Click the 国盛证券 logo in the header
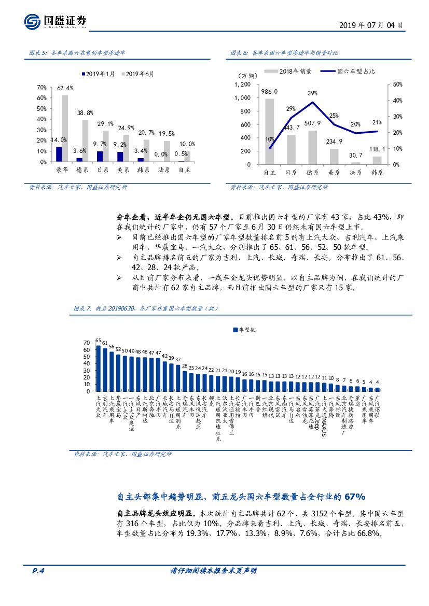[56, 21]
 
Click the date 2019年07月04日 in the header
[371, 24]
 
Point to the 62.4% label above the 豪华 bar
[65, 88]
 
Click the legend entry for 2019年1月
[97, 74]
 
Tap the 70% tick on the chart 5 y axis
[42, 87]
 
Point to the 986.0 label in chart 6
[269, 91]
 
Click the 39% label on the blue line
[312, 93]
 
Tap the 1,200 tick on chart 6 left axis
[242, 84]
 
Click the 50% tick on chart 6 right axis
[395, 84]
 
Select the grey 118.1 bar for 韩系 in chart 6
[377, 160]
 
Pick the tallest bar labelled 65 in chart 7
[99, 368]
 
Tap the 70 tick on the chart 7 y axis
[86, 343]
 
